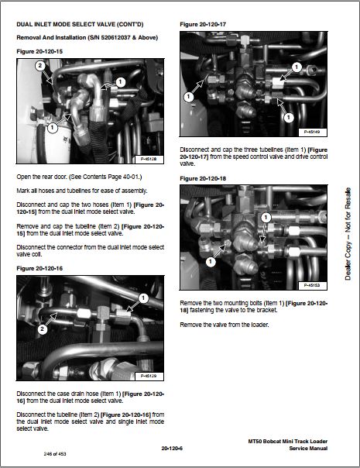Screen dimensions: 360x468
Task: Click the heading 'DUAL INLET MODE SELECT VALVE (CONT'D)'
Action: (80, 24)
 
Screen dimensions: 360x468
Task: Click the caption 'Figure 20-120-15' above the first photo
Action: (39, 52)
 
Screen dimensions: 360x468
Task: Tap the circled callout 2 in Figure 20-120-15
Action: (40, 65)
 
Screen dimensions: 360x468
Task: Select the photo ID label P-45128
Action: (148, 160)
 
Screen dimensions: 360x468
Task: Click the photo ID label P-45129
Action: (148, 376)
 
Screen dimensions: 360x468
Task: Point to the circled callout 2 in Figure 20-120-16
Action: (43, 329)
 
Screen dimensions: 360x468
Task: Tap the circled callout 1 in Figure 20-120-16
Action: (143, 298)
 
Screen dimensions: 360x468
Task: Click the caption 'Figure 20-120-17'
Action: (203, 25)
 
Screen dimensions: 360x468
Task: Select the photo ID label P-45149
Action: (312, 132)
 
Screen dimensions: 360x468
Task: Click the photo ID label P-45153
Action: (312, 286)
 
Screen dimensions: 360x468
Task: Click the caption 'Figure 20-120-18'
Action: (203, 178)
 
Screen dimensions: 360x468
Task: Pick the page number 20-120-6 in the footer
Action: (172, 449)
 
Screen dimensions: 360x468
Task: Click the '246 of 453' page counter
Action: (55, 454)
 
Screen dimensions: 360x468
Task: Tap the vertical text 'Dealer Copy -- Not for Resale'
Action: (348, 234)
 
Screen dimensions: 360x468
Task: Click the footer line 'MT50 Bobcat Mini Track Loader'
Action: (288, 441)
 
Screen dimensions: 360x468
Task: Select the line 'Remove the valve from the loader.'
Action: (225, 325)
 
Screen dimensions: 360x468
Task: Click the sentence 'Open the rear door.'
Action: (42, 177)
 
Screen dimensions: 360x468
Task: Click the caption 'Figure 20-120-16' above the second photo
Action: (39, 268)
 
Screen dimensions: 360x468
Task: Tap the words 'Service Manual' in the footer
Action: (308, 449)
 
